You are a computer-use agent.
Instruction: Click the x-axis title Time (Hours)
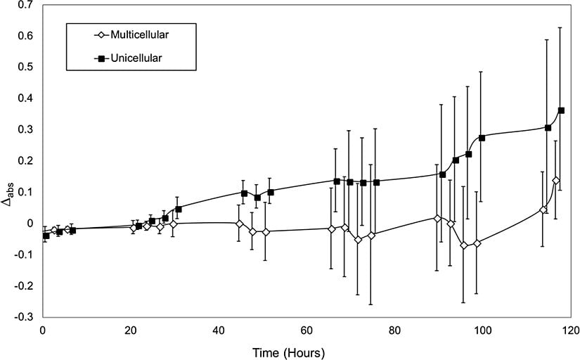290,349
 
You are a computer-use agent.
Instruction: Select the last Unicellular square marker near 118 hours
561,110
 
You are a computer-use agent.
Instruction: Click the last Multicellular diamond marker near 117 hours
556,181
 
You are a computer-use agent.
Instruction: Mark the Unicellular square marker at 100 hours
482,138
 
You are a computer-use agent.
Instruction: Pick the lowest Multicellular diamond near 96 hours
463,245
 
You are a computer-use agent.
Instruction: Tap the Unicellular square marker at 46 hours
244,193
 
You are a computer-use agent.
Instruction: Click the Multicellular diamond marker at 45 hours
240,224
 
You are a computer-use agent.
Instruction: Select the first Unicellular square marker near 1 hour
46,236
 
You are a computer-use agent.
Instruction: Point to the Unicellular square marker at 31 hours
179,209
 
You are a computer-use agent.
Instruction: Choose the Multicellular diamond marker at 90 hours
437,219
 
